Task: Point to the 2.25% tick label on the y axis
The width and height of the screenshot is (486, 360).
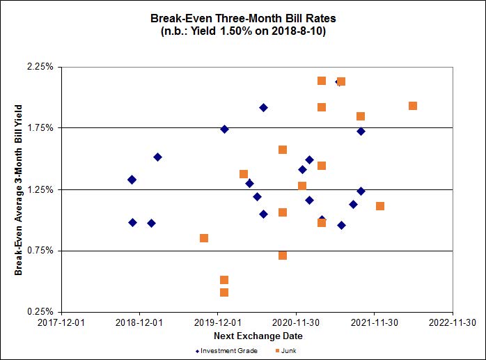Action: click(x=40, y=67)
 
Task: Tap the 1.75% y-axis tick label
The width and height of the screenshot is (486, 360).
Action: click(x=40, y=128)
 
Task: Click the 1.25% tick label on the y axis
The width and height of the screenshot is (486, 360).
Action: click(x=40, y=189)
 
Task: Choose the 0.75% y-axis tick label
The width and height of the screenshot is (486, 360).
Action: click(x=40, y=251)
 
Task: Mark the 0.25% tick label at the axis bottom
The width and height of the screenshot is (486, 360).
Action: click(x=40, y=312)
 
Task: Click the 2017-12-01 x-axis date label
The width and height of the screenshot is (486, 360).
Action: click(x=61, y=322)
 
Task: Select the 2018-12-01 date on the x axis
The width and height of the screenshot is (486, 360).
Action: click(x=139, y=322)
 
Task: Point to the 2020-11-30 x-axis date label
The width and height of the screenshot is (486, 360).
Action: click(x=296, y=322)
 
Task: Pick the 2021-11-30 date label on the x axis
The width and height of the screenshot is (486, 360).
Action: click(x=375, y=322)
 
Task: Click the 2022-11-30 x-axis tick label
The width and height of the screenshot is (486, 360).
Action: click(x=453, y=322)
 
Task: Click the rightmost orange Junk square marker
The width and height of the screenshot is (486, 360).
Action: click(x=413, y=106)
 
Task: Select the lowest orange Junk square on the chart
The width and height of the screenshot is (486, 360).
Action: click(x=224, y=292)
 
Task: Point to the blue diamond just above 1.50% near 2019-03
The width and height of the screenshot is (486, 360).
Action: click(x=158, y=157)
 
